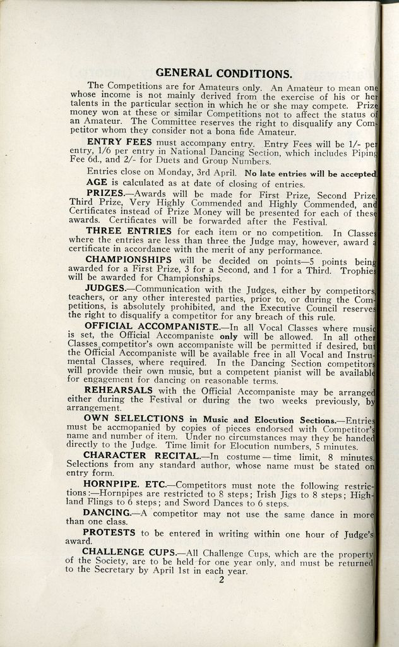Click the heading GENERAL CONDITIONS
[223, 73]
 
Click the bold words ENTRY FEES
[119, 142]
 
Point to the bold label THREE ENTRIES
[129, 231]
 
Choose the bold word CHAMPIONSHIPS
[128, 259]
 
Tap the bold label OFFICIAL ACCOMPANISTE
[152, 326]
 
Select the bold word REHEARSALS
[119, 390]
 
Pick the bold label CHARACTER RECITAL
[141, 455]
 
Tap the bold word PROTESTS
[110, 533]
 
